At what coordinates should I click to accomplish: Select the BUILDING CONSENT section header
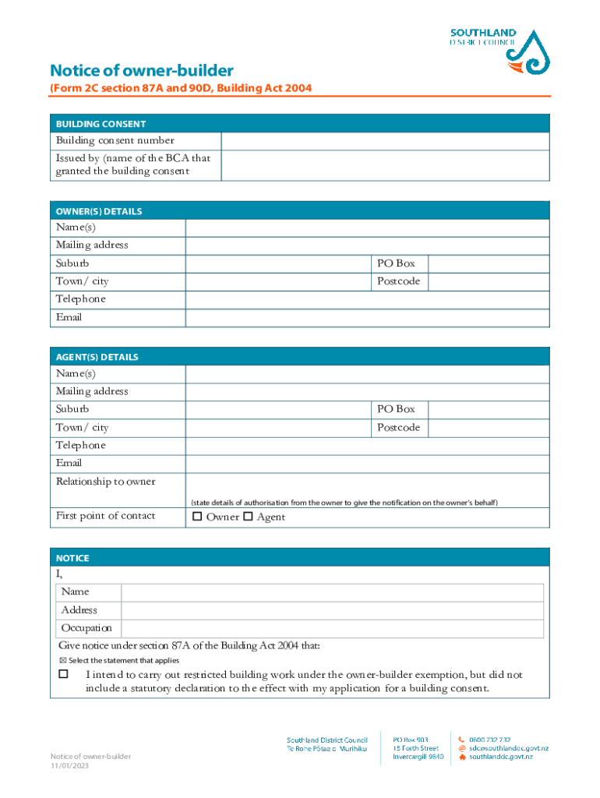101,124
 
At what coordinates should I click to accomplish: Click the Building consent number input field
385,141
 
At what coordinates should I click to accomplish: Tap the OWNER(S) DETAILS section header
99,211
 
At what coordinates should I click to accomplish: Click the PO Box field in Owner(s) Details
489,263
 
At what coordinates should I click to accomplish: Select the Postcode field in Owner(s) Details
489,281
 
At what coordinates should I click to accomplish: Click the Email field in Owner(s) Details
366,318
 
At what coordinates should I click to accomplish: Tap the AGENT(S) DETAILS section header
97,357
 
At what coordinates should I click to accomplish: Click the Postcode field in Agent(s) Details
489,428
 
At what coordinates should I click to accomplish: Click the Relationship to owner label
105,482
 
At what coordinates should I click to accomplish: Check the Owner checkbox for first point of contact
197,517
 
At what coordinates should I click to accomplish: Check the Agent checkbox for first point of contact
248,517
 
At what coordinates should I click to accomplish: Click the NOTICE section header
72,558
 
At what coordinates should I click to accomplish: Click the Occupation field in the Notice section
332,628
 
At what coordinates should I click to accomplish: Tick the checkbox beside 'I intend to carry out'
64,674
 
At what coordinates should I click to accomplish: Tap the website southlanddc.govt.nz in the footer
500,757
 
